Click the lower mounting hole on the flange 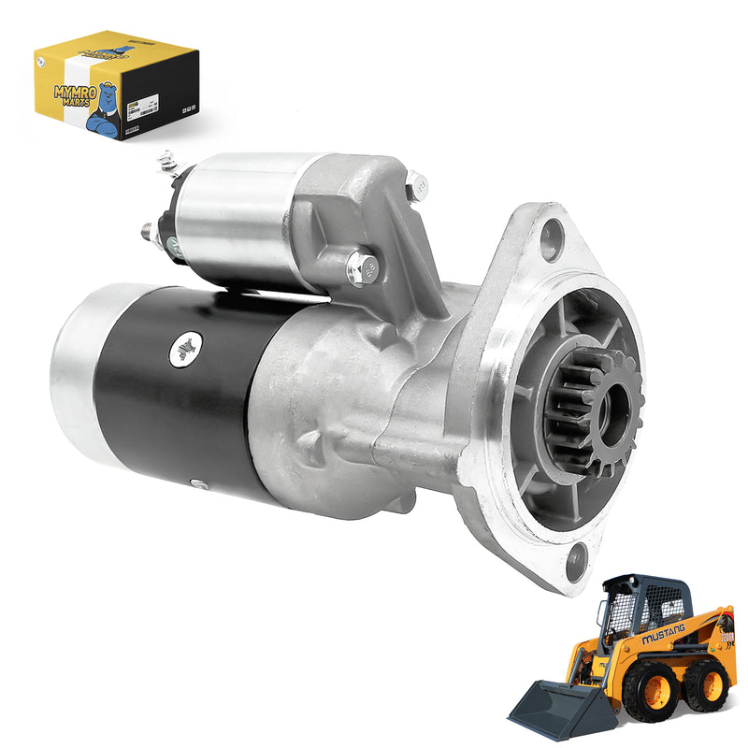tap(575, 560)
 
